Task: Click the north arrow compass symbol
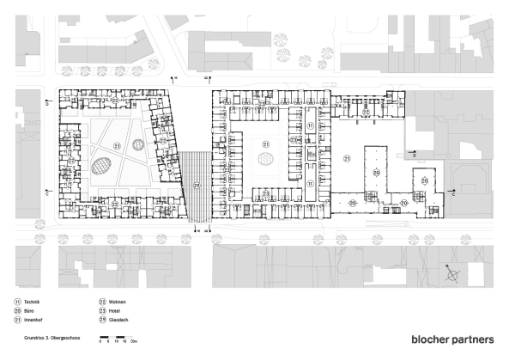[452, 275]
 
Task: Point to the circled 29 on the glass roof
[196, 186]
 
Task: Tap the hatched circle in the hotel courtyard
[266, 160]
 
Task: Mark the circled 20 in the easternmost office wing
[423, 182]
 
